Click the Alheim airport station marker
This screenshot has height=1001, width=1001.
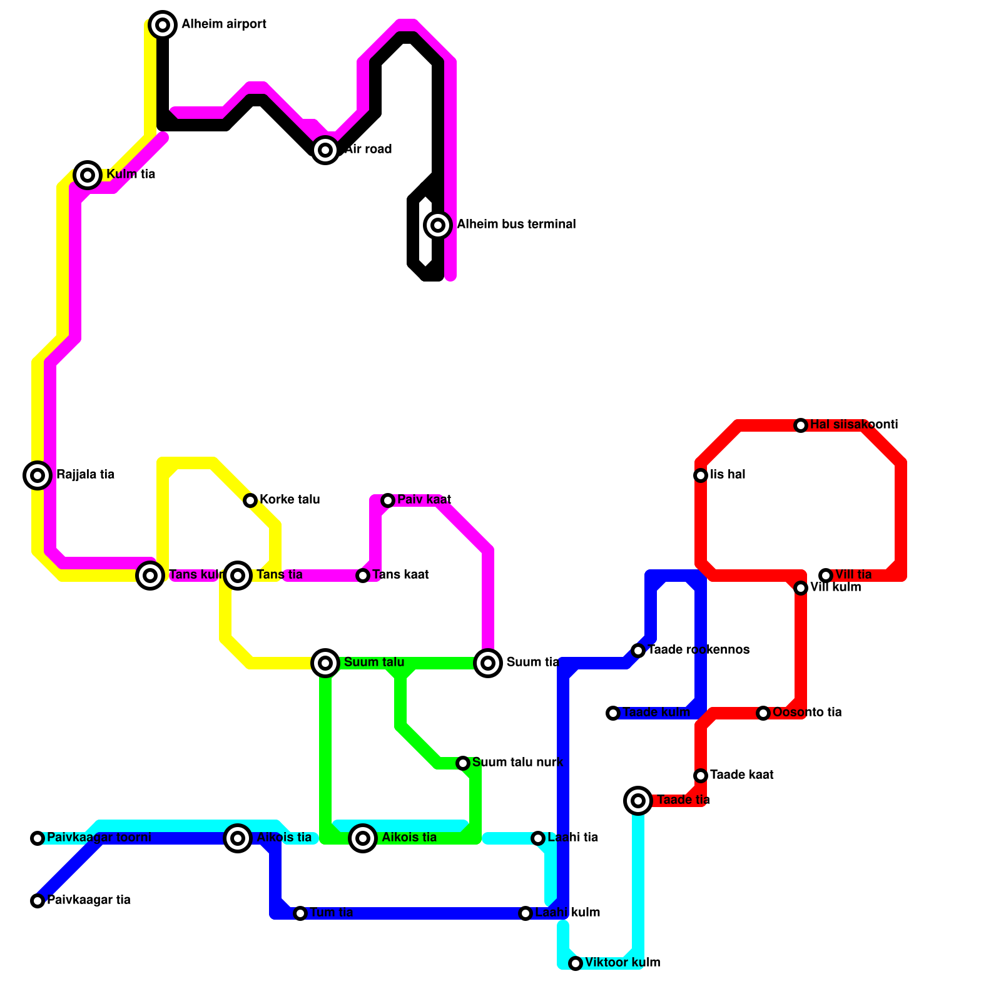click(163, 25)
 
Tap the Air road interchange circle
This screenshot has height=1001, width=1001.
click(325, 150)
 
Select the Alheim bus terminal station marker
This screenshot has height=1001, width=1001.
click(438, 225)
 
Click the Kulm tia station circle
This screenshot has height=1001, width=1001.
click(88, 175)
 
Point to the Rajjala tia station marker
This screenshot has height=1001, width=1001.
click(38, 475)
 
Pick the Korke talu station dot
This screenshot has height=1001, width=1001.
click(250, 500)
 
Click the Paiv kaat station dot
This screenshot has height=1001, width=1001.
click(388, 500)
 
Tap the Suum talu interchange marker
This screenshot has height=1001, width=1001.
click(325, 663)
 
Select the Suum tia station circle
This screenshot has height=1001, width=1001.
click(488, 663)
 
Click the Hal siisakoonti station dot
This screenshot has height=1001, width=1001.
click(801, 425)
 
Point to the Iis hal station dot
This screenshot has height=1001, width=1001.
click(701, 475)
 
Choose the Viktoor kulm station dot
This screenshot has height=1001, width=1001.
click(576, 963)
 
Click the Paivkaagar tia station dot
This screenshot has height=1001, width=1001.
click(38, 901)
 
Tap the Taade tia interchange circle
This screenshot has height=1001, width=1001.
click(638, 800)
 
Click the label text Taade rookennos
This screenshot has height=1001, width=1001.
click(698, 650)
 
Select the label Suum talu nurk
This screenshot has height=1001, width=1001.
click(517, 763)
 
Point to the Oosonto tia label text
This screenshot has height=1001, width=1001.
click(807, 713)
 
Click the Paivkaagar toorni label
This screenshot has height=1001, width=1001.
click(99, 838)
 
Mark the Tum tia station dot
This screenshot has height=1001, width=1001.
click(300, 913)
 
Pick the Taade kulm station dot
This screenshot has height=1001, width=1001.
click(613, 713)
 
